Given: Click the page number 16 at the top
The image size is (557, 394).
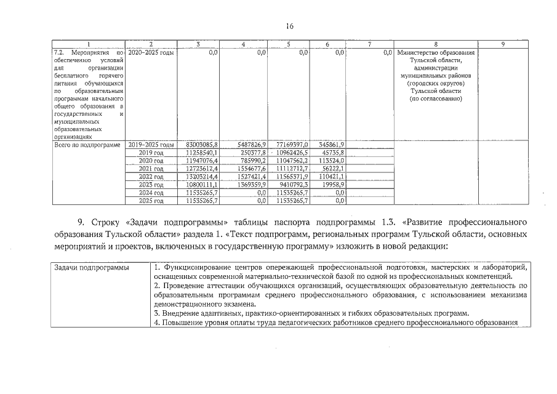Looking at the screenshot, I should point(290,26).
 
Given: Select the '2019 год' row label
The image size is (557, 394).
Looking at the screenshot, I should point(151,152).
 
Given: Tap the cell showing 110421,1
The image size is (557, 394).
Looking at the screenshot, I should point(331,176).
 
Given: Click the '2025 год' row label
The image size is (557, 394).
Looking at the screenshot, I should point(151,200).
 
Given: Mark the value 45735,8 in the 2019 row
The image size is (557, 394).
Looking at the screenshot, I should point(332,152).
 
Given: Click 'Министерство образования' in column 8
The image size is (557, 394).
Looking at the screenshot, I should point(436,53).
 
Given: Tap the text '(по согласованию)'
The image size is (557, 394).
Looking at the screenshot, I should point(436,98).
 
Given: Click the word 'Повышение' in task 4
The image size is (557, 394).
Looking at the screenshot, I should point(180,323).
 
